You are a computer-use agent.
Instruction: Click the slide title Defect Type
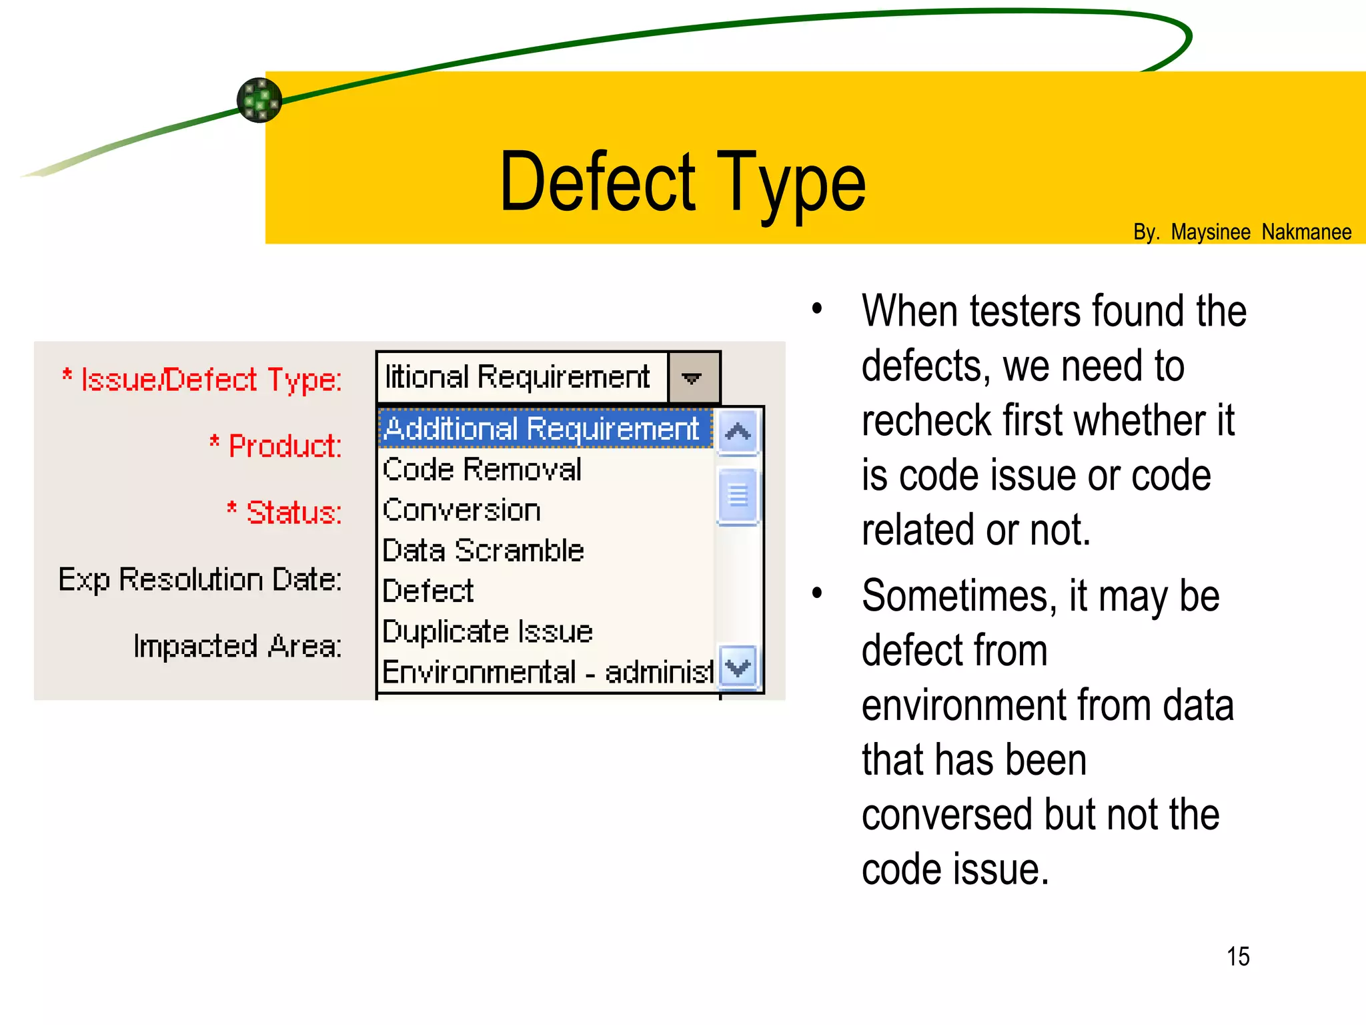tap(682, 182)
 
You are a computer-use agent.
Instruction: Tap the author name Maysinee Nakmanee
tap(1261, 232)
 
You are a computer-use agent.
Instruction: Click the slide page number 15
tap(1238, 956)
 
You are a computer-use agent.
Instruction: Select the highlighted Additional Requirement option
tap(542, 428)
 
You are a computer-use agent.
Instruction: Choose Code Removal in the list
tap(482, 470)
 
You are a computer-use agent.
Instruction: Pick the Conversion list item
tap(462, 510)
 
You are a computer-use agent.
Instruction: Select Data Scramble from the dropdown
tap(484, 551)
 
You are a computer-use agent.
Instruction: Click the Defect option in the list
tap(428, 591)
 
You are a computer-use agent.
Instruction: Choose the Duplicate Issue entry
tap(488, 632)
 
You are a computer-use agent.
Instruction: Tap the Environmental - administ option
tap(547, 672)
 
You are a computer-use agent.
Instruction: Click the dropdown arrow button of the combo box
tap(693, 378)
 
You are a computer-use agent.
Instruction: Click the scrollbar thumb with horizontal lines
tap(738, 495)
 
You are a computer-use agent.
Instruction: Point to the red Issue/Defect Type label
tap(210, 380)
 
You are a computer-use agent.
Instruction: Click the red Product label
tap(284, 446)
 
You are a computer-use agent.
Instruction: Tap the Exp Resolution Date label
tap(200, 579)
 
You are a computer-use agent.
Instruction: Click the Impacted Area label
tap(237, 646)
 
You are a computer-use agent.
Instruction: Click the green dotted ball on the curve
tap(259, 100)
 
